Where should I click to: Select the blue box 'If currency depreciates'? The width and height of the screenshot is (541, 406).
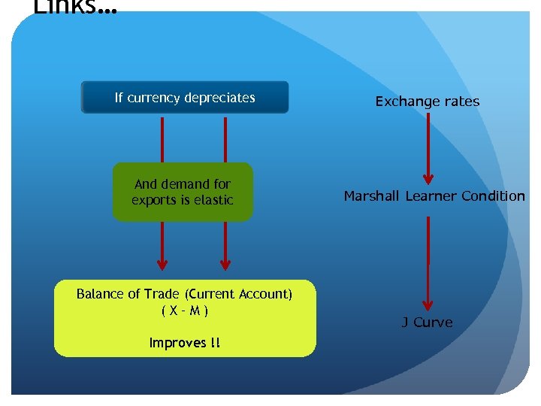185,98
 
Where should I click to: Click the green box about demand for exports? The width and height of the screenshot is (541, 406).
183,192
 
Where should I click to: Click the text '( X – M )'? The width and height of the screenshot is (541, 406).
185,310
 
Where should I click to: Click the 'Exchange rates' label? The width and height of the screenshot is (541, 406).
427,101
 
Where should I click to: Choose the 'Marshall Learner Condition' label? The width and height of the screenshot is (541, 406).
434,196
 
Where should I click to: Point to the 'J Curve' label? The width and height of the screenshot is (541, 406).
427,323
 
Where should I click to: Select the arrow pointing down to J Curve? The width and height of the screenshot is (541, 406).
428,263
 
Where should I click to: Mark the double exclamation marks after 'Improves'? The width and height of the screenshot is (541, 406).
216,343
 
